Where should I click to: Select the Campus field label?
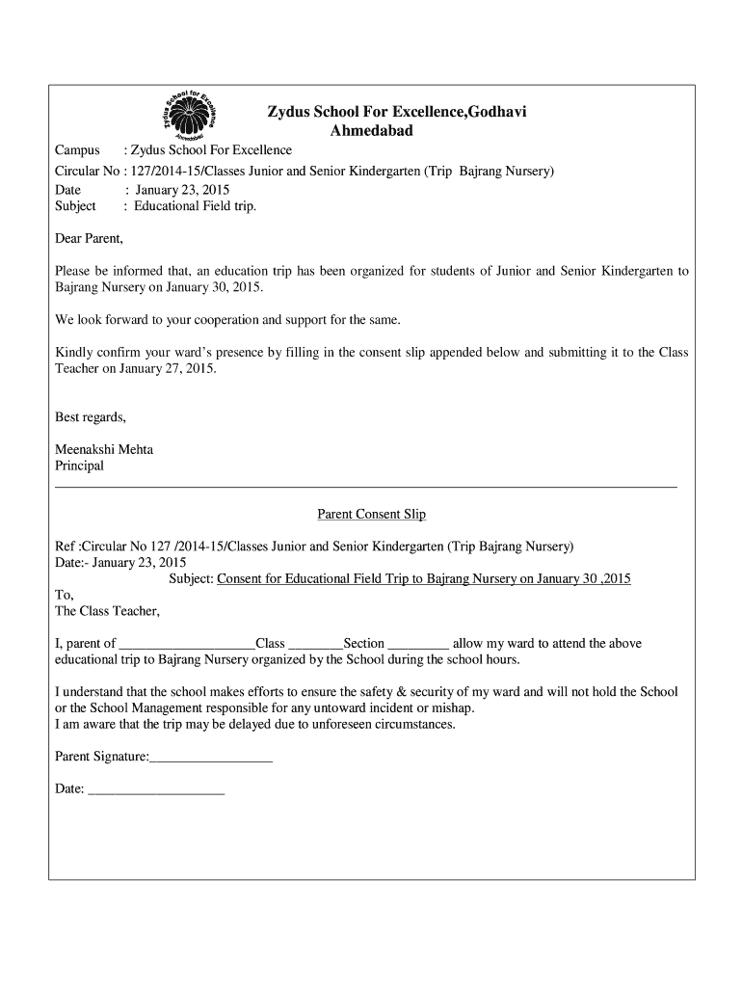(77, 150)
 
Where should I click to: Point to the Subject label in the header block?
(75, 205)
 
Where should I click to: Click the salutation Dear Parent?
(90, 238)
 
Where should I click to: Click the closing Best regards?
(91, 417)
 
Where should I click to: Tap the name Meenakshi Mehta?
(104, 449)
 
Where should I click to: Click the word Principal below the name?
(79, 466)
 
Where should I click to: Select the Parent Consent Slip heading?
(372, 515)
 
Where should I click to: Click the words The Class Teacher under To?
(107, 611)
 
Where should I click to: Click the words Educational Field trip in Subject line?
(195, 205)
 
